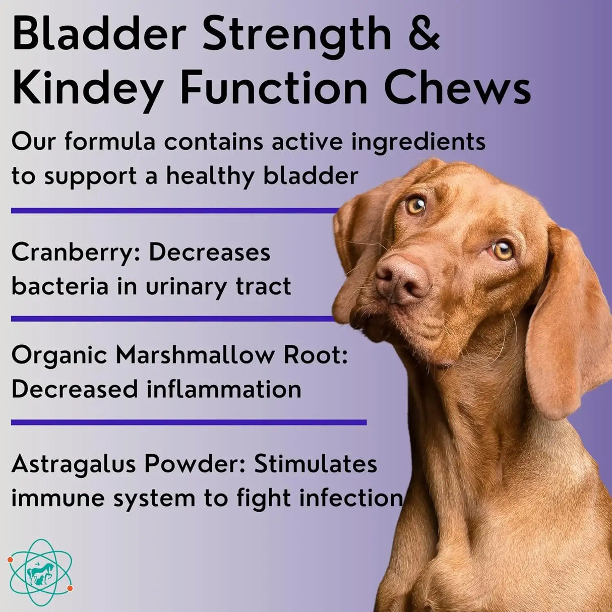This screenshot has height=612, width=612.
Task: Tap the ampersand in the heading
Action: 422,33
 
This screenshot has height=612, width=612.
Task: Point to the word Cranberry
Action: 73,253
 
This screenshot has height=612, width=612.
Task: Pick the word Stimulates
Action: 315,464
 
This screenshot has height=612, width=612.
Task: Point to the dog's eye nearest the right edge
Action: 502,250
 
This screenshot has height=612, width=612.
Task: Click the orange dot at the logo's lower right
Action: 70,588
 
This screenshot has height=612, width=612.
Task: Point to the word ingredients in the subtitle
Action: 416,142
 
